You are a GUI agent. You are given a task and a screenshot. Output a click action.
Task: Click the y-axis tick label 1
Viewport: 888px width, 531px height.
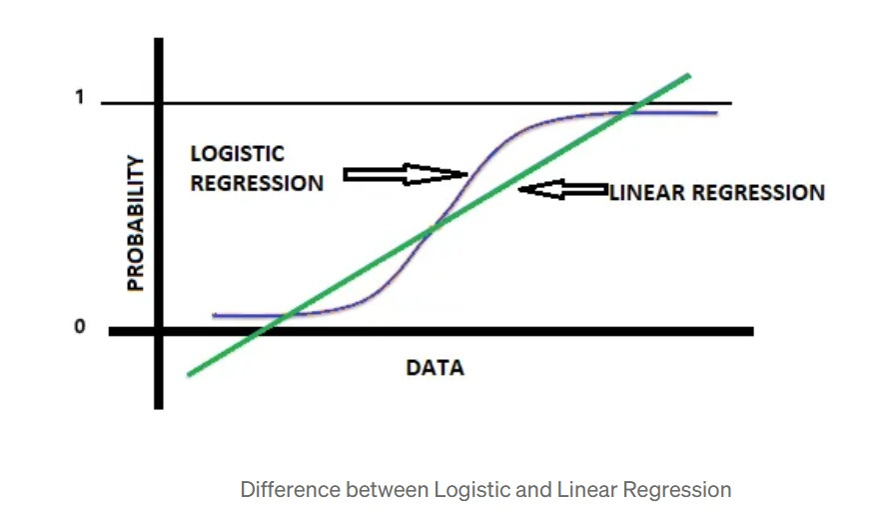[79, 99]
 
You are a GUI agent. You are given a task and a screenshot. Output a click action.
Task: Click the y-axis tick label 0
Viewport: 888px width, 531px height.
[79, 328]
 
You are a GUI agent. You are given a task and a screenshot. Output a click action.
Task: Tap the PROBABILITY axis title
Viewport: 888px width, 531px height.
[136, 223]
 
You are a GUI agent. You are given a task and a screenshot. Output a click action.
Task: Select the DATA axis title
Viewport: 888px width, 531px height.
[435, 367]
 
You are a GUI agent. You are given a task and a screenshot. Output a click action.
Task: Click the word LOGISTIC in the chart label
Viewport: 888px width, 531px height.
[237, 153]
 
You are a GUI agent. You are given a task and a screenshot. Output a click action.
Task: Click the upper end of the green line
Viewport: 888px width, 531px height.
[687, 76]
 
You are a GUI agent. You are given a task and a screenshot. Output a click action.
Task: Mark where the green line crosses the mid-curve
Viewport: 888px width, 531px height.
[432, 228]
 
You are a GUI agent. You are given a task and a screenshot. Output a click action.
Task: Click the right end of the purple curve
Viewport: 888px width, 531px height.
[715, 113]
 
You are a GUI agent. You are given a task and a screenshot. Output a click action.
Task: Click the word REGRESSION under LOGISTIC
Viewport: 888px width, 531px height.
[257, 183]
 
